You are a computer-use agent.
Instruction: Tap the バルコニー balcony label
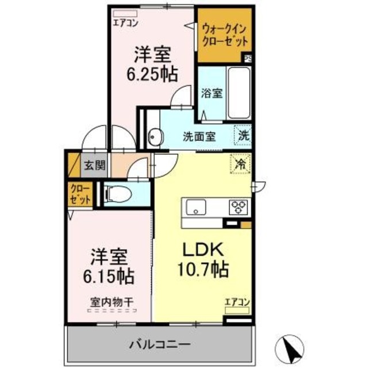[x=159, y=345]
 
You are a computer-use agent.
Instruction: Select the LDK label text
[x=198, y=250]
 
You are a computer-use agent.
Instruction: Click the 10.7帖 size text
[x=202, y=268]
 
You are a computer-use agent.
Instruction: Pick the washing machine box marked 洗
[x=244, y=136]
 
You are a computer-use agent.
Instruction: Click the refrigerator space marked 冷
[x=240, y=164]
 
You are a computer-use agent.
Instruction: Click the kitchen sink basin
[x=194, y=205]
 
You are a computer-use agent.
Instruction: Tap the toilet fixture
[x=119, y=194]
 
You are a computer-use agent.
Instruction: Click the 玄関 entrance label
[x=95, y=166]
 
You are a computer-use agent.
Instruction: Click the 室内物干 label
[x=112, y=301]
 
